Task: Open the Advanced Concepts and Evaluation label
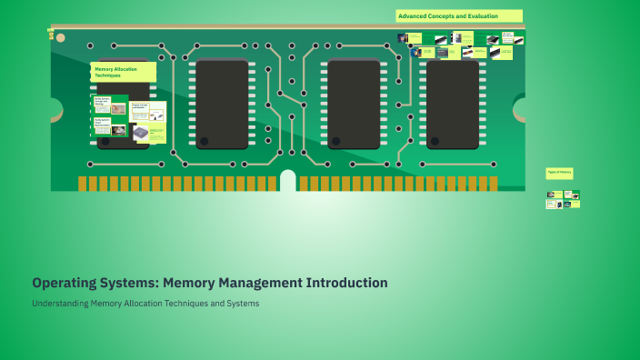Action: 459,16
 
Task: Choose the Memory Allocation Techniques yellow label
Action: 123,72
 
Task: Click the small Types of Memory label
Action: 559,173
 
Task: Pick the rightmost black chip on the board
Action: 452,105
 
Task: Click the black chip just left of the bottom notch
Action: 222,105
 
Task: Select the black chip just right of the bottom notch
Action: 353,105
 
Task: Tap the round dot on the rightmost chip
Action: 434,142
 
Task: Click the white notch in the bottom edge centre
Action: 288,180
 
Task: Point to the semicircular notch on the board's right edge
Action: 521,110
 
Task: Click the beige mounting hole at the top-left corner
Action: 60,38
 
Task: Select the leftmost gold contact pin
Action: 82,184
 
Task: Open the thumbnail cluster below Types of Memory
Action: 563,199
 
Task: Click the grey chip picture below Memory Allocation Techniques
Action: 140,133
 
